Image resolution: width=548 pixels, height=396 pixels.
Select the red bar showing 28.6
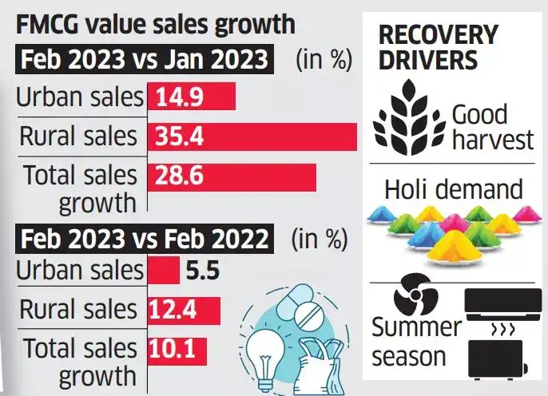coord(231,176)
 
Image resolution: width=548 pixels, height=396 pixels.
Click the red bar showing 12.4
coord(184,309)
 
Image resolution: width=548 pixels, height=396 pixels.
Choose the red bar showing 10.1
coord(177,349)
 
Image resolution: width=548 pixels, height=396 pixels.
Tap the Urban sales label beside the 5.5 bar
coord(80,271)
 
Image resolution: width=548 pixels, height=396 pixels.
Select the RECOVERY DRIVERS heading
coord(438,49)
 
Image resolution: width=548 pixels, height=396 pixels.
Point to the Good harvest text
coord(490,127)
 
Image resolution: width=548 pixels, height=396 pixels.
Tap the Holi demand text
coord(453,189)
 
